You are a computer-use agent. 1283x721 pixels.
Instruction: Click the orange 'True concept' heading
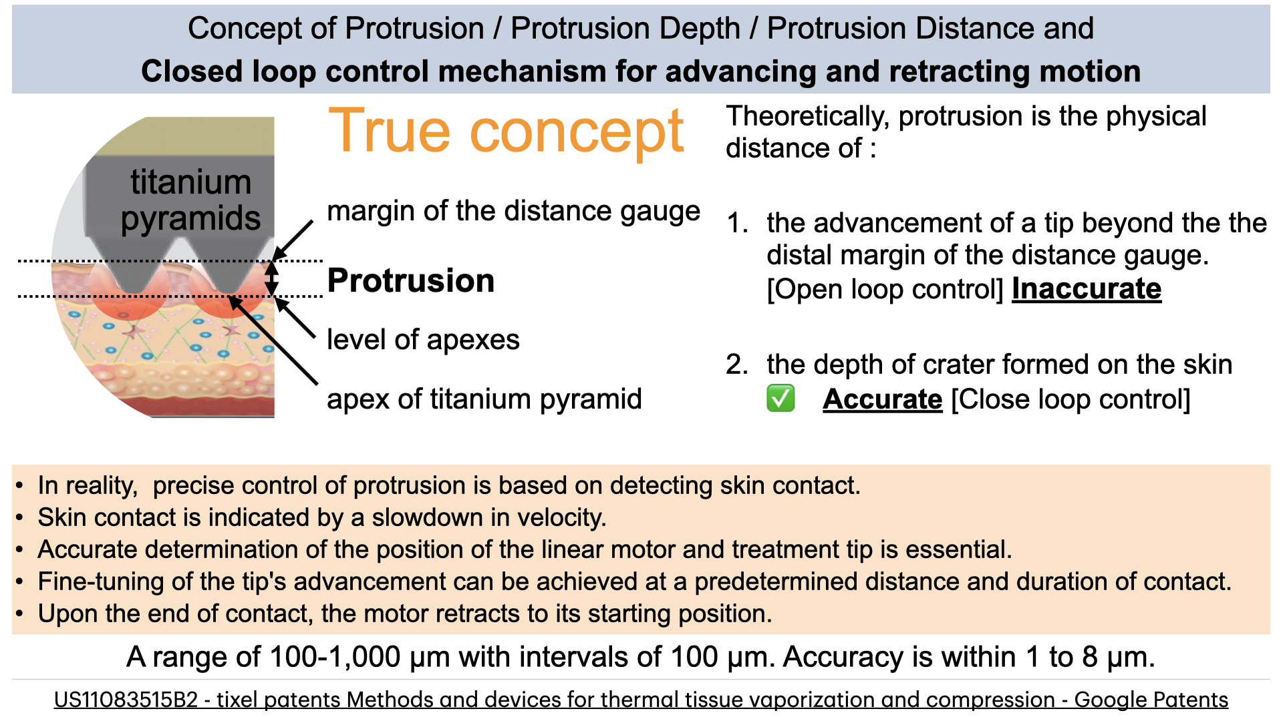tap(506, 132)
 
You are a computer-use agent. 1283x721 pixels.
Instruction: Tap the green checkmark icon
tap(780, 399)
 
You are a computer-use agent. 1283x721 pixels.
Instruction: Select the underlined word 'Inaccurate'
tap(1087, 289)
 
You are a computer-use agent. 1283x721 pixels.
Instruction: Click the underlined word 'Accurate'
tap(883, 399)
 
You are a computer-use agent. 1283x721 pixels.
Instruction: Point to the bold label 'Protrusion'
tap(411, 280)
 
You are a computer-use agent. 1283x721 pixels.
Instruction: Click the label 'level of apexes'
tap(423, 340)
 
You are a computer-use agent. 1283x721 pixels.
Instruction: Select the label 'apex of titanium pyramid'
tap(484, 399)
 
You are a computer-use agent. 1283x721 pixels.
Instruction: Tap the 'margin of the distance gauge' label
tap(513, 211)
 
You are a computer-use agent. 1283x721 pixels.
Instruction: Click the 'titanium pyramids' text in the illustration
tap(190, 200)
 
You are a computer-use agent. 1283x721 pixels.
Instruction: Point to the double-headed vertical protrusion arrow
tap(271, 278)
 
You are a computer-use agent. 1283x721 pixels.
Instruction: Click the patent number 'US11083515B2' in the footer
tap(126, 700)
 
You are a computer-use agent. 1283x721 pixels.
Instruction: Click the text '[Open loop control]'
tap(885, 290)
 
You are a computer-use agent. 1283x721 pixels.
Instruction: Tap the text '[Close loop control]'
tap(1071, 400)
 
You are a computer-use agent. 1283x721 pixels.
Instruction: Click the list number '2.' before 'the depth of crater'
tap(737, 365)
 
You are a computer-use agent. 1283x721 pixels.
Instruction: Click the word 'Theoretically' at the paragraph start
tap(808, 117)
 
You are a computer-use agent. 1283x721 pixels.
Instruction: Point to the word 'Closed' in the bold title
tap(188, 71)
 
